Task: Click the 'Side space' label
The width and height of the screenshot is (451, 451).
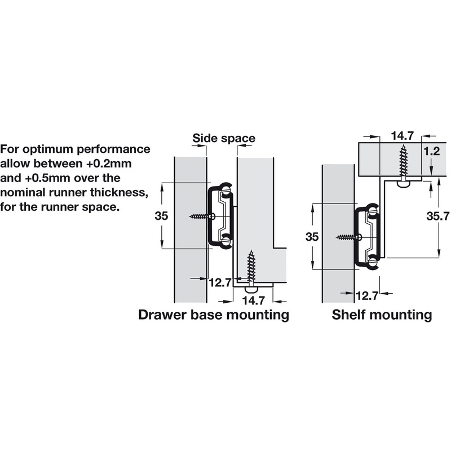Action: coord(224,138)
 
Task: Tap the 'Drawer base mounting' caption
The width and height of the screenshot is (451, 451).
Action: coord(214,314)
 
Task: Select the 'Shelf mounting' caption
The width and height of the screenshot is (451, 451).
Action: coord(382,314)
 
